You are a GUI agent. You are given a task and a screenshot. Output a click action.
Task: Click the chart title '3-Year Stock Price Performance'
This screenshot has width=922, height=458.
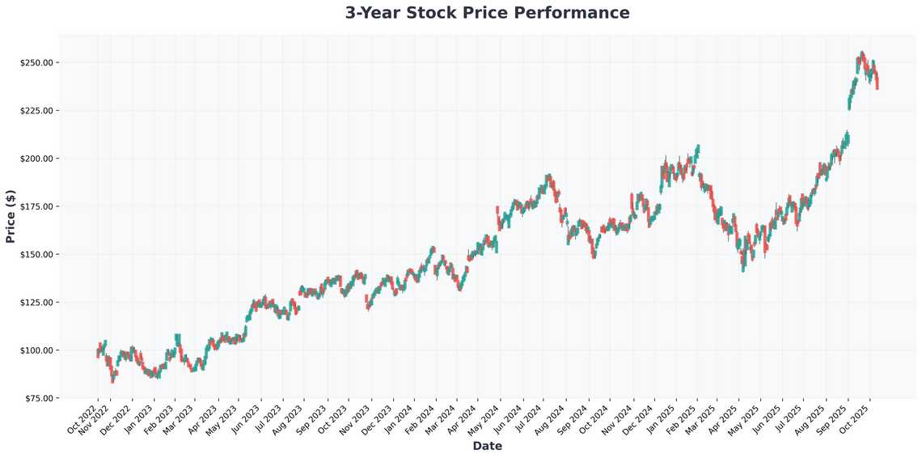(487, 13)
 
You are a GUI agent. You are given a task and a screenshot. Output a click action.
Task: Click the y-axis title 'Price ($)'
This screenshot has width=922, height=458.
(11, 216)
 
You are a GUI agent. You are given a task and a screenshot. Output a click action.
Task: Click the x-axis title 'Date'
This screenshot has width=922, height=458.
(487, 446)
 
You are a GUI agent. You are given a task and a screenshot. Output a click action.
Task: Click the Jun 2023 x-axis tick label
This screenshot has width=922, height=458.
(247, 418)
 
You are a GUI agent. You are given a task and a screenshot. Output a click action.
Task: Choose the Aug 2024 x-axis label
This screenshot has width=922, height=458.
(550, 418)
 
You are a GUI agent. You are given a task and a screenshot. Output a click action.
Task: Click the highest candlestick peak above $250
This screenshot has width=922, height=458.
(862, 53)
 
